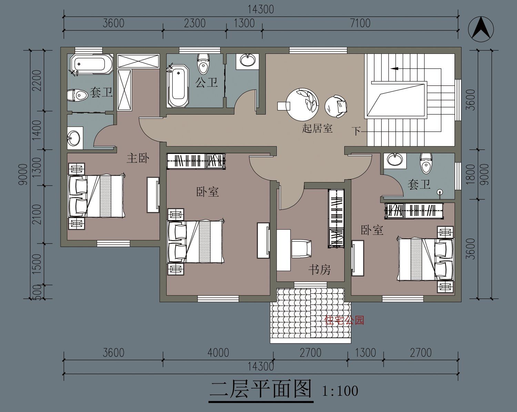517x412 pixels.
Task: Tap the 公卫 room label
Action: point(206,82)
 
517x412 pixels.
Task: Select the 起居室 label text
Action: point(317,128)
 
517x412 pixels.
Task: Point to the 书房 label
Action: point(320,269)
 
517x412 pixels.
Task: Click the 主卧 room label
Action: point(138,158)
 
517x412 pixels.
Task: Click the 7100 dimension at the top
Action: point(360,23)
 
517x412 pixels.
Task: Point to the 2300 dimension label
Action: point(195,23)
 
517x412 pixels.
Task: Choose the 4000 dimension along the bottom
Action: point(218,353)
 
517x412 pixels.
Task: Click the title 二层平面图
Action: point(261,390)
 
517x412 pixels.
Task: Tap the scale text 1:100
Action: point(340,391)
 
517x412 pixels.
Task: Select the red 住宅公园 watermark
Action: point(344,320)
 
